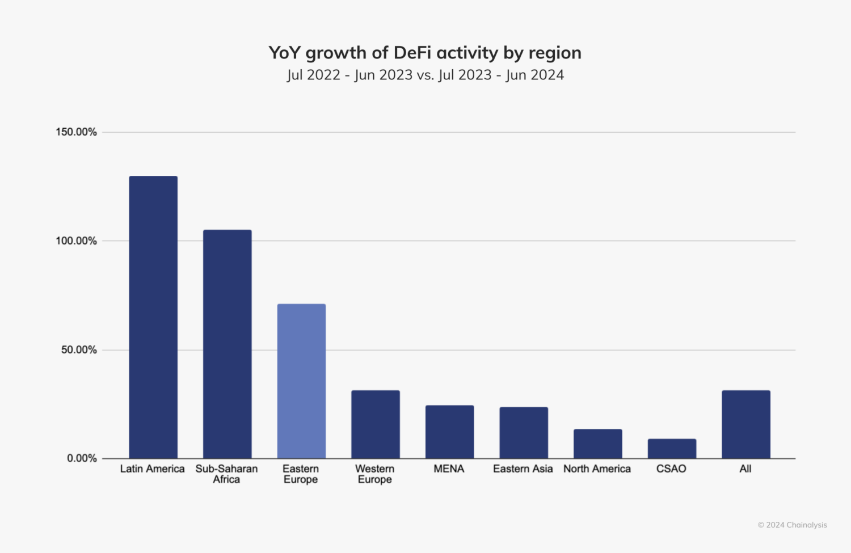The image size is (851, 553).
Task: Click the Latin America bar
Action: point(153,317)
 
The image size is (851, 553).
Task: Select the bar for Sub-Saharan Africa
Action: point(227,344)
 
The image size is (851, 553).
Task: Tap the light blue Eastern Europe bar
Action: point(301,381)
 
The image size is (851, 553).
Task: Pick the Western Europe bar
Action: point(375,424)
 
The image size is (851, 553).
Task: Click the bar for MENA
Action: point(449,432)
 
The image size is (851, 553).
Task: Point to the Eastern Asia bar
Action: point(524,433)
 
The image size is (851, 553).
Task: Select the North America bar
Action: point(597,444)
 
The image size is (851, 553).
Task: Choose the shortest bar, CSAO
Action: point(672,449)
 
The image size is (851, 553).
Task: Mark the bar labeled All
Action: point(745,424)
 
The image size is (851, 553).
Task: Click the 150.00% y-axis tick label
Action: point(76,132)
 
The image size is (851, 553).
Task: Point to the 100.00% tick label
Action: point(76,241)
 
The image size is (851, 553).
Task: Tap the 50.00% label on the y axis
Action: point(79,350)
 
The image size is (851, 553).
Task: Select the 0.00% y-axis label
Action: point(82,458)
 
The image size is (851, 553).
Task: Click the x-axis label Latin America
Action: point(153,469)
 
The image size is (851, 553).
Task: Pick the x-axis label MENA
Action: point(449,469)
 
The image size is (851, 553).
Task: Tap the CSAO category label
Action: point(671,469)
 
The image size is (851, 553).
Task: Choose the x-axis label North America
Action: point(597,469)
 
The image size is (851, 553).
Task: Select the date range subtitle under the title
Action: point(425,75)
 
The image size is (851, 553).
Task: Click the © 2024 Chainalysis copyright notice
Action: point(792,525)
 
